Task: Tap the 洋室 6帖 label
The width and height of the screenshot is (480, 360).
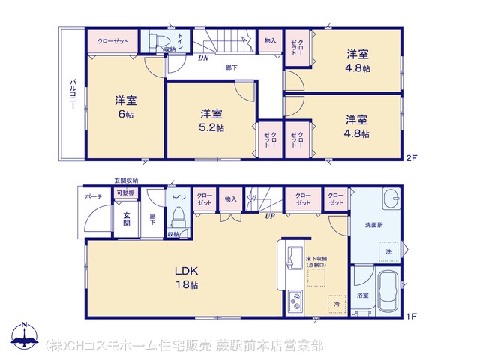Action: [x=124, y=107]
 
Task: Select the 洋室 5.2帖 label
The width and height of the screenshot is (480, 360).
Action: [x=211, y=120]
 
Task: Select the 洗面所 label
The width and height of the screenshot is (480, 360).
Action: [x=375, y=224]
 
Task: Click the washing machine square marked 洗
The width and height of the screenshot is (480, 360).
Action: [x=388, y=252]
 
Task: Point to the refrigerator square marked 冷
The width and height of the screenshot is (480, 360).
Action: [x=337, y=304]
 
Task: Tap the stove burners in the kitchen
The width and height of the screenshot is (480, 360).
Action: [x=294, y=303]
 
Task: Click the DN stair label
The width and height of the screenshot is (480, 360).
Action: [x=203, y=58]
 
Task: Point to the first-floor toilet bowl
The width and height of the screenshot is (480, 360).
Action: [x=178, y=218]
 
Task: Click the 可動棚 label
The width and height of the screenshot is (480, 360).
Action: [x=124, y=193]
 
